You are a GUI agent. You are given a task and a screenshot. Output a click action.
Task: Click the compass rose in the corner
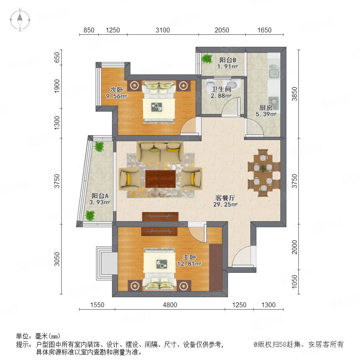(20, 20)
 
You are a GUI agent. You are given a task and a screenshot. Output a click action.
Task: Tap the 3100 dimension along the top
(162, 30)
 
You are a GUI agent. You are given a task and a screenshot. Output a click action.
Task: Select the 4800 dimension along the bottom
(170, 305)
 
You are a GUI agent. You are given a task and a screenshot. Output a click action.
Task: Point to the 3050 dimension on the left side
(57, 259)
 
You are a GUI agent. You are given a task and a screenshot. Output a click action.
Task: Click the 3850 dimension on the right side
(294, 94)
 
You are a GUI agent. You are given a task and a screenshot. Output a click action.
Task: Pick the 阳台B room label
(228, 60)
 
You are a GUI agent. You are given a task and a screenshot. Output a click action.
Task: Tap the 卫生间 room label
(221, 89)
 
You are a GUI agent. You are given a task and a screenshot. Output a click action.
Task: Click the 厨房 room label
(266, 108)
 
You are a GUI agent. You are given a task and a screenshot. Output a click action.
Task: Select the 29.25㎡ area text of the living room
(225, 204)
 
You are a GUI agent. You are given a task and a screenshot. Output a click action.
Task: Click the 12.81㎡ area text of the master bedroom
(189, 264)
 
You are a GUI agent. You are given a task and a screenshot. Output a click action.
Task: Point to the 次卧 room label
(116, 90)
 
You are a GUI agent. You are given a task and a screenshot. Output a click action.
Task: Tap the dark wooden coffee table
(160, 179)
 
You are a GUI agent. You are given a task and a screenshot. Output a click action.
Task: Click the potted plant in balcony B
(207, 58)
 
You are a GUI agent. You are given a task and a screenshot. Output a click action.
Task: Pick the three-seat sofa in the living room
(160, 152)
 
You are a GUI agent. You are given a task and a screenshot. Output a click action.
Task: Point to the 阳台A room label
(100, 196)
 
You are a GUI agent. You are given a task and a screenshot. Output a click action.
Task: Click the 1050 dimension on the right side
(294, 282)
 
